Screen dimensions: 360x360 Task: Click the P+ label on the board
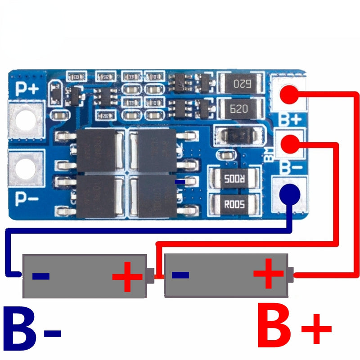coord(27,88)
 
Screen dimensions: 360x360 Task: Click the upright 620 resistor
coord(240,108)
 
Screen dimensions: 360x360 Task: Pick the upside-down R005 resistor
coord(234,178)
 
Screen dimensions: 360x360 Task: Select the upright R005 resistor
coord(234,204)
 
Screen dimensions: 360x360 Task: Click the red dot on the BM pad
coord(290,144)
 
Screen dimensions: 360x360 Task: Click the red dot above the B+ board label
coord(290,94)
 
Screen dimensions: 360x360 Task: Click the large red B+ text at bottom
coord(295,331)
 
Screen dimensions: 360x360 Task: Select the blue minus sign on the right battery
coord(180,274)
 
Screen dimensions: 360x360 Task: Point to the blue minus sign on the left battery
coord(40,275)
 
